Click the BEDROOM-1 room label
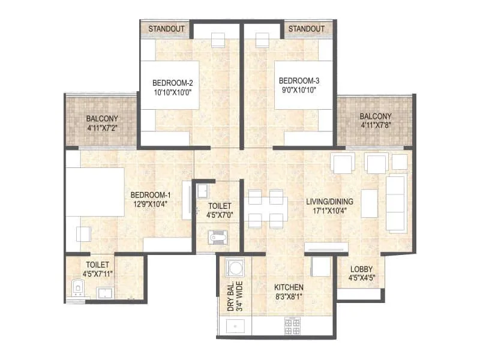point(151,195)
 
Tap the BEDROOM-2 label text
point(172,82)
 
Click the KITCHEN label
point(289,287)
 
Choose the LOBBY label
point(361,269)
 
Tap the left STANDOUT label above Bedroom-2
point(166,29)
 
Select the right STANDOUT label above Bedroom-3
point(306,29)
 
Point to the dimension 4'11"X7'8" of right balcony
point(376,125)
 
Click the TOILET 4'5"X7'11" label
point(97,269)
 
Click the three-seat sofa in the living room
point(395,203)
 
